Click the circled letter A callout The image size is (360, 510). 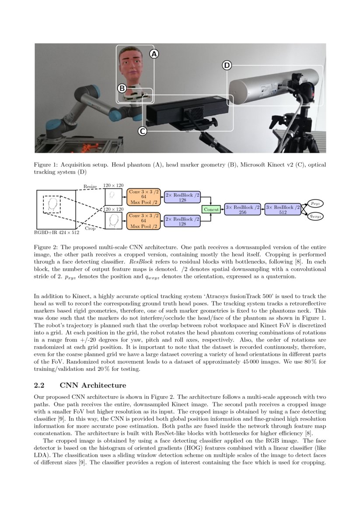coord(154,54)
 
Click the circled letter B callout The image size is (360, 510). coord(122,88)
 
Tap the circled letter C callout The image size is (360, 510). coord(142,131)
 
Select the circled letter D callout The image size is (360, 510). coord(227,65)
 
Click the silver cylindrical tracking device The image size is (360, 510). coord(262,88)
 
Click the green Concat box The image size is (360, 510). coord(212,210)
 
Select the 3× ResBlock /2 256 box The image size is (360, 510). coord(243,210)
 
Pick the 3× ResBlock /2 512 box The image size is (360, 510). coord(283,210)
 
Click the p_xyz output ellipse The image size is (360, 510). coord(314,204)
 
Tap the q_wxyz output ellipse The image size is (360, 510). coord(314,216)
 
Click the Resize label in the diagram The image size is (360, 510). coord(90,187)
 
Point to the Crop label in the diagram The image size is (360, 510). coord(90,228)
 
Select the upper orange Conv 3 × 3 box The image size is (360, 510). coord(143,197)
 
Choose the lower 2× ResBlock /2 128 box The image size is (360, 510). coord(182,221)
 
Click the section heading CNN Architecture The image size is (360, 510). coord(93,385)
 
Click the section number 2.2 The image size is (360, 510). coord(40,385)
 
